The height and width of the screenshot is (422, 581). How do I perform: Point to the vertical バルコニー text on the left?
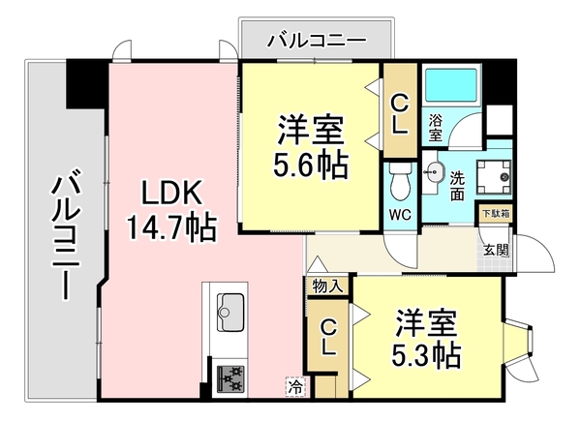coord(66,233)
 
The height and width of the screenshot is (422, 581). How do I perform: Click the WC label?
coord(399,213)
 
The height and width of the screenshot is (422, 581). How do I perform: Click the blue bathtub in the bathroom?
coord(451,89)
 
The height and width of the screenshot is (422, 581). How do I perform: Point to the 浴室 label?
coord(436,126)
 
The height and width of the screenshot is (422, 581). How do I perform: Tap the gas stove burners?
coord(231,377)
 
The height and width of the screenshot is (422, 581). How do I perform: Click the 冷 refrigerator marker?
coord(293,384)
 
